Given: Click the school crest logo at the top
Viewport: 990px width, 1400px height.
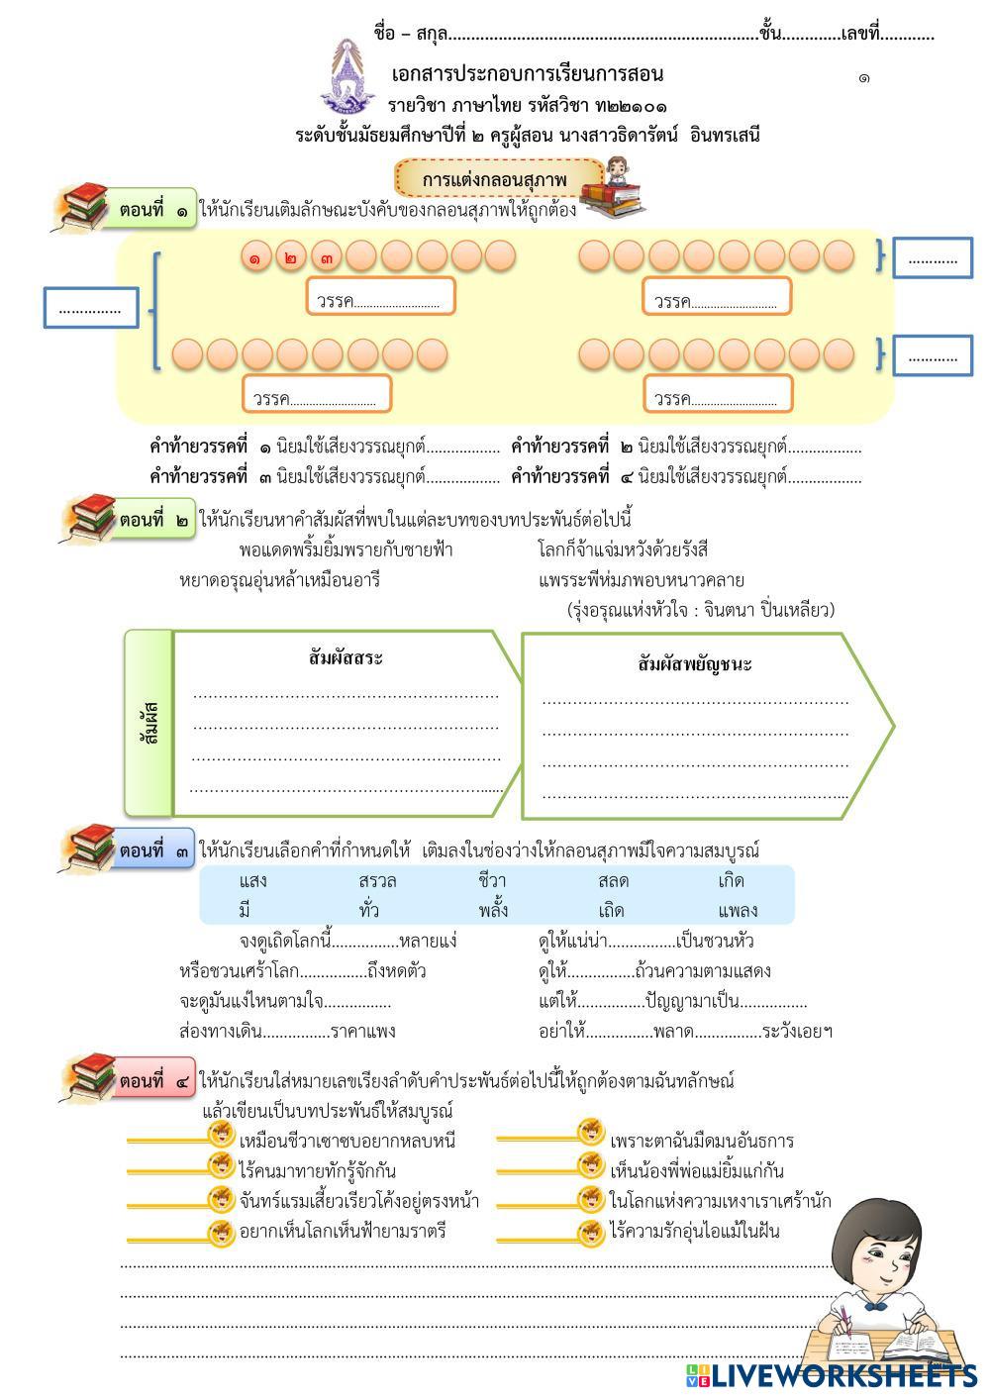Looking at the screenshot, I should point(347,76).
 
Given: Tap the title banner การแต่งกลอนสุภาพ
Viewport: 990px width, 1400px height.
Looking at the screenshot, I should point(495,179).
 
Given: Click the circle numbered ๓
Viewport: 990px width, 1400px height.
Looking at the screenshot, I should point(327,256).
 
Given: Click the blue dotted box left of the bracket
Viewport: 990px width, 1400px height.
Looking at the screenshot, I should point(90,308).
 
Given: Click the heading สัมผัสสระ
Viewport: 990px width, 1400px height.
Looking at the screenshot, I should point(346,657).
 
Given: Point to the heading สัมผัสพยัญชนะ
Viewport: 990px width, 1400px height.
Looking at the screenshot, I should point(695,663).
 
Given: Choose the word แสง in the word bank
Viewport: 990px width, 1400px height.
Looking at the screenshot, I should point(253,880).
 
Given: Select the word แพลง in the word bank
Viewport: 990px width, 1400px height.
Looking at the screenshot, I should point(738,910).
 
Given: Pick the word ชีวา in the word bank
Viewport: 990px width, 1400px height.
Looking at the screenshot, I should point(492,880).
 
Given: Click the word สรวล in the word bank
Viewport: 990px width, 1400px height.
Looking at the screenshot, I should point(377,880).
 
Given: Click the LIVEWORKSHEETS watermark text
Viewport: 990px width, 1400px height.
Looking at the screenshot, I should point(842,1374).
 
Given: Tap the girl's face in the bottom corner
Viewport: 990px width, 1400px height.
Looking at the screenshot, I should point(871,1258).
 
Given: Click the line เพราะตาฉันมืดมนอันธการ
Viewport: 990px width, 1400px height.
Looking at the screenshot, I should point(701,1141).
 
